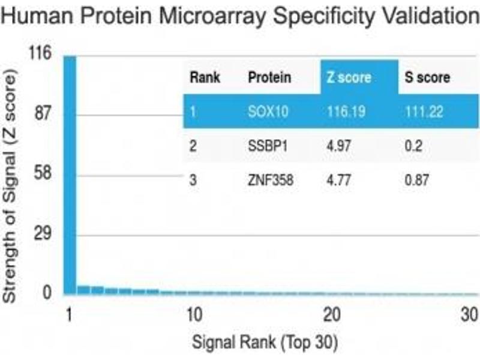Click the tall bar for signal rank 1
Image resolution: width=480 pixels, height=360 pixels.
(70, 174)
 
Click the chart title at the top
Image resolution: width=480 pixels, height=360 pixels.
(240, 16)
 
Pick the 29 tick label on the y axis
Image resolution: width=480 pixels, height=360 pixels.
(43, 234)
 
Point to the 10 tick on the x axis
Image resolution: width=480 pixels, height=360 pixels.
(193, 314)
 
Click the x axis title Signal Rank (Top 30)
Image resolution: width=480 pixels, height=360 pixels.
(265, 343)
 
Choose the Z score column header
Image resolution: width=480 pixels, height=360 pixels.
(349, 77)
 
